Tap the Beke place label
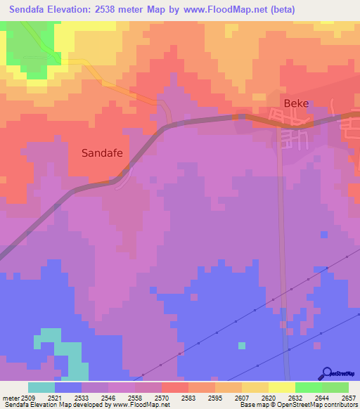pos(296,103)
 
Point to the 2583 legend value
pos(188,397)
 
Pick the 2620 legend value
pos(269,397)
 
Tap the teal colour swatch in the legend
pos(41,387)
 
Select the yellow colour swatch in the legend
pos(281,387)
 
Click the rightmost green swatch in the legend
pos(335,387)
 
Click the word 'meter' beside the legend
pos(10,397)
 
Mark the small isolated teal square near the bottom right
pos(242,345)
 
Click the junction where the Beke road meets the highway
pos(281,125)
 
